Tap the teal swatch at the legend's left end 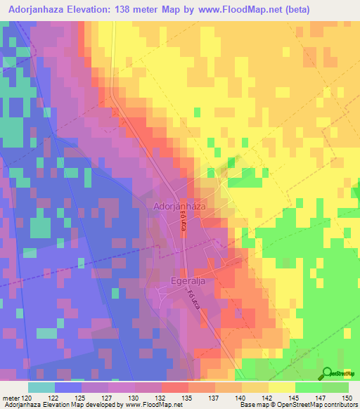pyautogui.click(x=41, y=387)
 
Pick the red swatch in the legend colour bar pyautogui.click(x=175, y=387)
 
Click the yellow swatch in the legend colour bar pyautogui.click(x=281, y=387)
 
